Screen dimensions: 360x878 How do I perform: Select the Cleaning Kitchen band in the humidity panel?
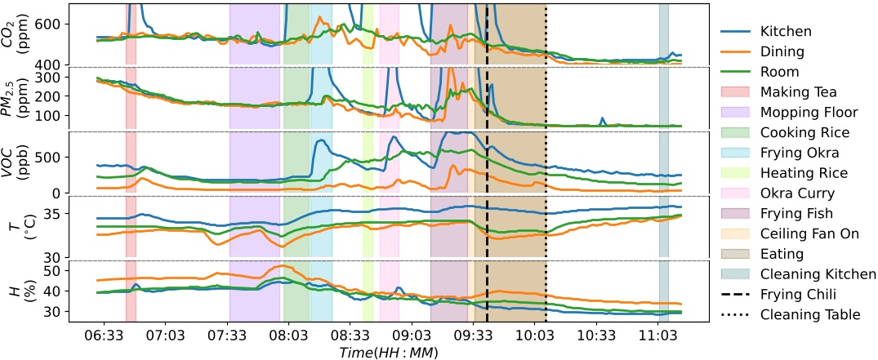click(x=664, y=290)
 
